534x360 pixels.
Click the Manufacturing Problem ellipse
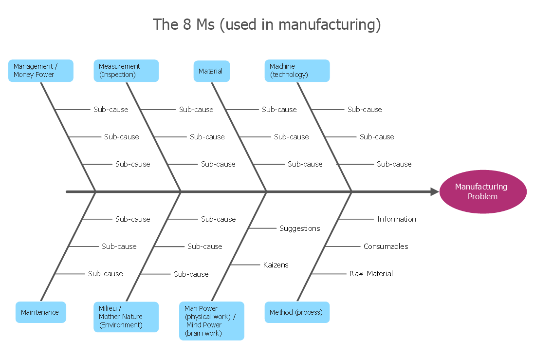482,191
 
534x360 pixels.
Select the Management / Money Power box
41,71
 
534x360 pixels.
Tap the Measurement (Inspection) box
126,71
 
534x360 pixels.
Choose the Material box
212,71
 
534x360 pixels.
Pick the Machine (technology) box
297,71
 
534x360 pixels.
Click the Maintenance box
40,312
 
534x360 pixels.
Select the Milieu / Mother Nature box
126,317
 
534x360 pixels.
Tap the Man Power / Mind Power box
212,321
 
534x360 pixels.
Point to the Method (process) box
297,312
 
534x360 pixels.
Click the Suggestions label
299,228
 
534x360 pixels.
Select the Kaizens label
276,265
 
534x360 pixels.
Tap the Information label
396,219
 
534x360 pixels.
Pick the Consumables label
386,246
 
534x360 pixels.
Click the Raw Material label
371,274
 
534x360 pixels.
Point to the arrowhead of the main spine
434,192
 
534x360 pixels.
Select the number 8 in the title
187,24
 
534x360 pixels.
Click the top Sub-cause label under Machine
365,110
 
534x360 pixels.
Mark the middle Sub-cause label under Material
291,137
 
